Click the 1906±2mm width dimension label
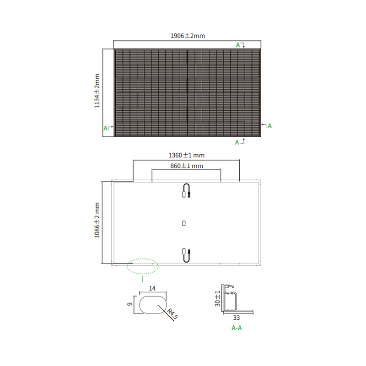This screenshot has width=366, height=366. [x=188, y=36]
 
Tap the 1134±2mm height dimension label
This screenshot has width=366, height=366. [x=97, y=91]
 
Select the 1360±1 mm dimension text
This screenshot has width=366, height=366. [x=187, y=155]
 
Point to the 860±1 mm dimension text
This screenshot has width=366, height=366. [x=187, y=166]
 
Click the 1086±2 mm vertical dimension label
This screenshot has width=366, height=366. [x=97, y=221]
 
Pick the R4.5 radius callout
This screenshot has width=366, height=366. [x=173, y=314]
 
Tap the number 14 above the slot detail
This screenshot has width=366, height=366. [x=152, y=288]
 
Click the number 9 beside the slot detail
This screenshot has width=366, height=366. [x=130, y=304]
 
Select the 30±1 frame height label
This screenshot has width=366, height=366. [x=217, y=299]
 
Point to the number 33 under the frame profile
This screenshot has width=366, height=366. [x=237, y=318]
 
